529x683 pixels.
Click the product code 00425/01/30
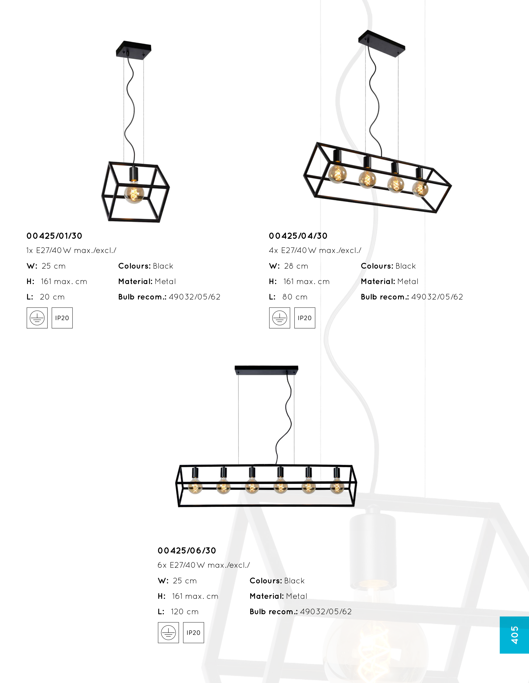click(54, 236)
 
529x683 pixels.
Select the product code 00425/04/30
click(298, 236)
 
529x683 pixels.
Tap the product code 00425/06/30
click(187, 551)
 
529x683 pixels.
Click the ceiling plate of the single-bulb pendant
click(134, 49)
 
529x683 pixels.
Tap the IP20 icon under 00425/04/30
click(305, 318)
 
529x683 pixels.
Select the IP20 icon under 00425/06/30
click(193, 633)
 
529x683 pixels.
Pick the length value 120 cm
click(185, 612)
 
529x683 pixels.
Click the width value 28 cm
click(296, 266)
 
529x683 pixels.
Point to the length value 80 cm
click(295, 297)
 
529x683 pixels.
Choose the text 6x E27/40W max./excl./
click(204, 565)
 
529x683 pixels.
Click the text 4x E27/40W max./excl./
click(315, 250)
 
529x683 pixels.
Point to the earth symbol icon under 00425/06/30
click(168, 633)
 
